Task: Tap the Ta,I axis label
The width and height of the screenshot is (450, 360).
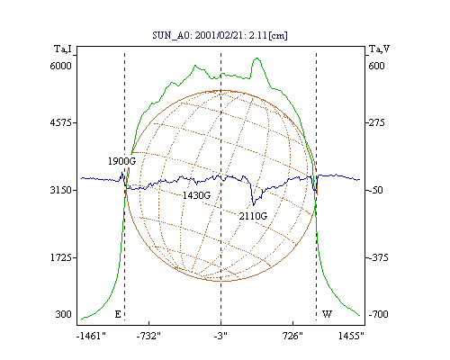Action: point(63,49)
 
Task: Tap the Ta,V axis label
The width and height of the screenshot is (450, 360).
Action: point(379,49)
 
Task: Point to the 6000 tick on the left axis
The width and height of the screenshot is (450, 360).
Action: point(60,66)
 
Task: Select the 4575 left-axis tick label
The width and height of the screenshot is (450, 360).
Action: point(60,122)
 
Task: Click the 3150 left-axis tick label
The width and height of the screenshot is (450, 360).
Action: point(60,190)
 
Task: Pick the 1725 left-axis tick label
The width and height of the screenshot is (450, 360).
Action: point(60,257)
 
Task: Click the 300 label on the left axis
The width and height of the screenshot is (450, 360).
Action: point(63,314)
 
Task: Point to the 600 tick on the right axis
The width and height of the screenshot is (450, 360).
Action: point(376,66)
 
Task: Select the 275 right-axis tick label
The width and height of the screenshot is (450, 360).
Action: point(376,122)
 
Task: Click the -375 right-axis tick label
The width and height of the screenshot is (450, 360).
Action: point(379,257)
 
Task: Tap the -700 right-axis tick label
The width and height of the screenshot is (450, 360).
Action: point(379,314)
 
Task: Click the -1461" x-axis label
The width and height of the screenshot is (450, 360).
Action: point(91,336)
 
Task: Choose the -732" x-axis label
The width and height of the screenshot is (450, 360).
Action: point(148,336)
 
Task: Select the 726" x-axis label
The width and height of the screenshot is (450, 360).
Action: point(292,336)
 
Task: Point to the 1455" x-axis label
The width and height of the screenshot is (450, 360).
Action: point(351,336)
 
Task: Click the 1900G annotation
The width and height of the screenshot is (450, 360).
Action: point(121,161)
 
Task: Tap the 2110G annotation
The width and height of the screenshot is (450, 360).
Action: point(253,216)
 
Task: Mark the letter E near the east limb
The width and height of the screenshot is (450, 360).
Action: point(118,314)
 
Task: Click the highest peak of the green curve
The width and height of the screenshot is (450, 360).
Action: point(256,58)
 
